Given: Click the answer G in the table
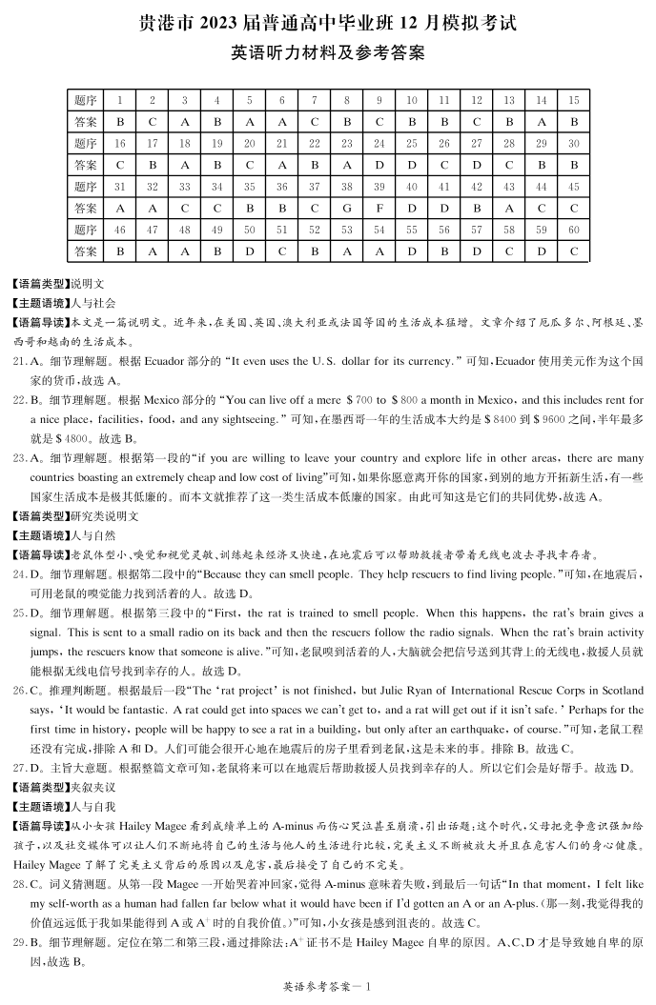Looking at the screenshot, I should tap(346, 207).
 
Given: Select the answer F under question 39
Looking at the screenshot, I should tap(379, 207).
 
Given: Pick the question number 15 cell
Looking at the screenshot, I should tap(573, 100).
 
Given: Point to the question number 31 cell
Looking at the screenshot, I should tap(119, 187).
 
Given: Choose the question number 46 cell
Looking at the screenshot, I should tap(119, 230).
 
